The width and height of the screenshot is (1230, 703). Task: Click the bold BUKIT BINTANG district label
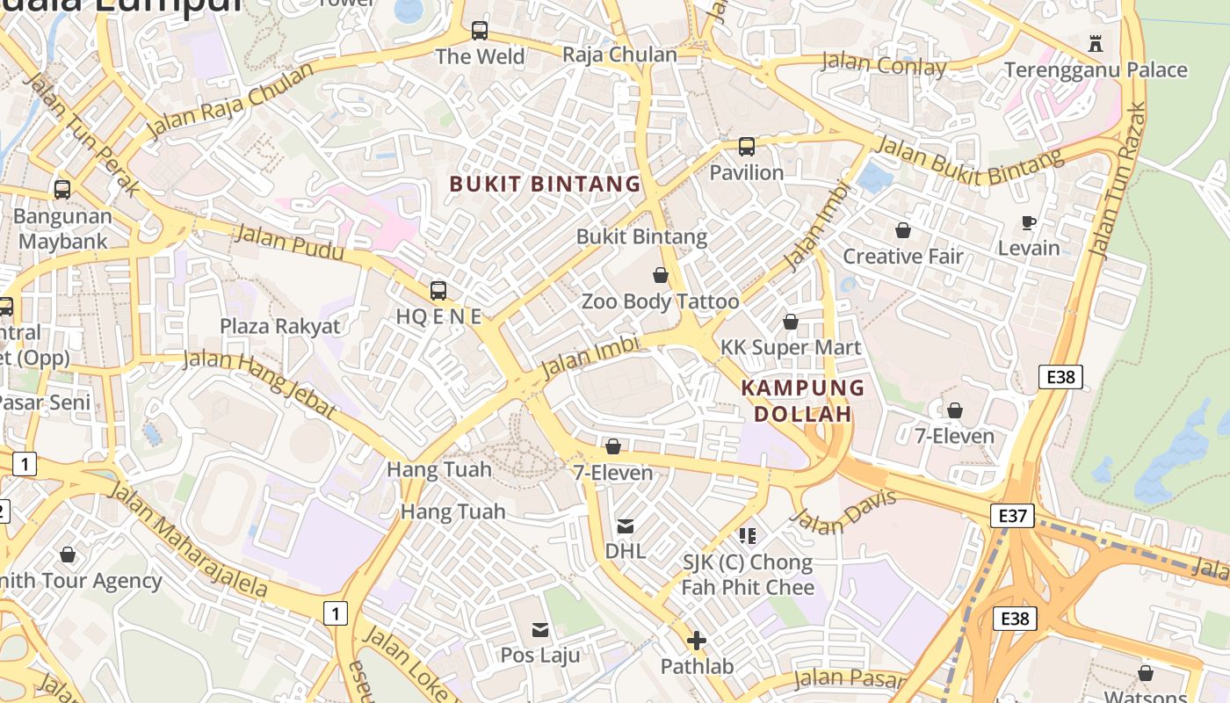point(545,184)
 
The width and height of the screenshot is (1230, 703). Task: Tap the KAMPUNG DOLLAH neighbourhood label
point(803,401)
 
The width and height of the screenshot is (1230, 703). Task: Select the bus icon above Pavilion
point(747,147)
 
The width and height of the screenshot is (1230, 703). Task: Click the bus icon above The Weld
point(480,31)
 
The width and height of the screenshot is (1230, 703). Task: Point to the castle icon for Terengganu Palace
point(1095,43)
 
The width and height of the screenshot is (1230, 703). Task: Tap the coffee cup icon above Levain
point(1029,222)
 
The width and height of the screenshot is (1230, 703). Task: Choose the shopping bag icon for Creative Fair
point(903,230)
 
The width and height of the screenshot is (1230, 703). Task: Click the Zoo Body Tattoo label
point(660,301)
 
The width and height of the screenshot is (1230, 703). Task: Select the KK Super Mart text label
point(791,347)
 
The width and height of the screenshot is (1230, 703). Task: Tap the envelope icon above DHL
point(626,526)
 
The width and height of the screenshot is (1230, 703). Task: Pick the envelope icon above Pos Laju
point(540,629)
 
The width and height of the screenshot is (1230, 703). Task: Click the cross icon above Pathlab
point(697,641)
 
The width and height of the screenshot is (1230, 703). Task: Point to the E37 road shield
point(1012,515)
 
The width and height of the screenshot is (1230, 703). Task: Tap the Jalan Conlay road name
point(883,64)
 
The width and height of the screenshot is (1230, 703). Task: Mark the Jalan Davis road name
point(843,512)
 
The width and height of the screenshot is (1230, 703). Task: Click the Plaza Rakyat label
point(279,326)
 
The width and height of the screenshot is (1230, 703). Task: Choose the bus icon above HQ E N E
point(438,290)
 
